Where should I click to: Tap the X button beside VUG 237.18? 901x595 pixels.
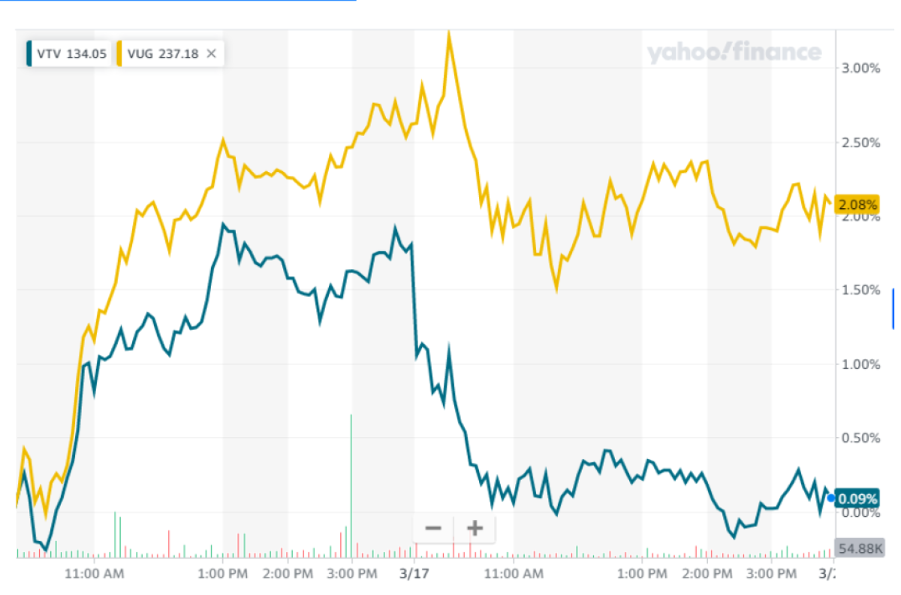tap(212, 53)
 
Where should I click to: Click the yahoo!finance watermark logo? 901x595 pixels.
tap(734, 53)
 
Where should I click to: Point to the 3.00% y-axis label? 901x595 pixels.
tap(860, 68)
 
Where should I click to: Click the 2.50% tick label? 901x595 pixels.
tap(860, 143)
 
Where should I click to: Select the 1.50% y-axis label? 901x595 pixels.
tap(860, 290)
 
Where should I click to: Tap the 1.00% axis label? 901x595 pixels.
tap(860, 364)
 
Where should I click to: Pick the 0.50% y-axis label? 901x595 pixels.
tap(860, 438)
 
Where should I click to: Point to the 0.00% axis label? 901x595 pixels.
tap(860, 513)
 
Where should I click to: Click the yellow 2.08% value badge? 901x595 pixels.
tap(857, 204)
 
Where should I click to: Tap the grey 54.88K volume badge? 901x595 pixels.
tap(860, 548)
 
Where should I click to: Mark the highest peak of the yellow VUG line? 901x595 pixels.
tap(449, 32)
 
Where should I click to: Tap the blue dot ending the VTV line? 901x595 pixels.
tap(831, 498)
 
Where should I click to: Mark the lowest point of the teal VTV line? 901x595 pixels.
tap(45, 550)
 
